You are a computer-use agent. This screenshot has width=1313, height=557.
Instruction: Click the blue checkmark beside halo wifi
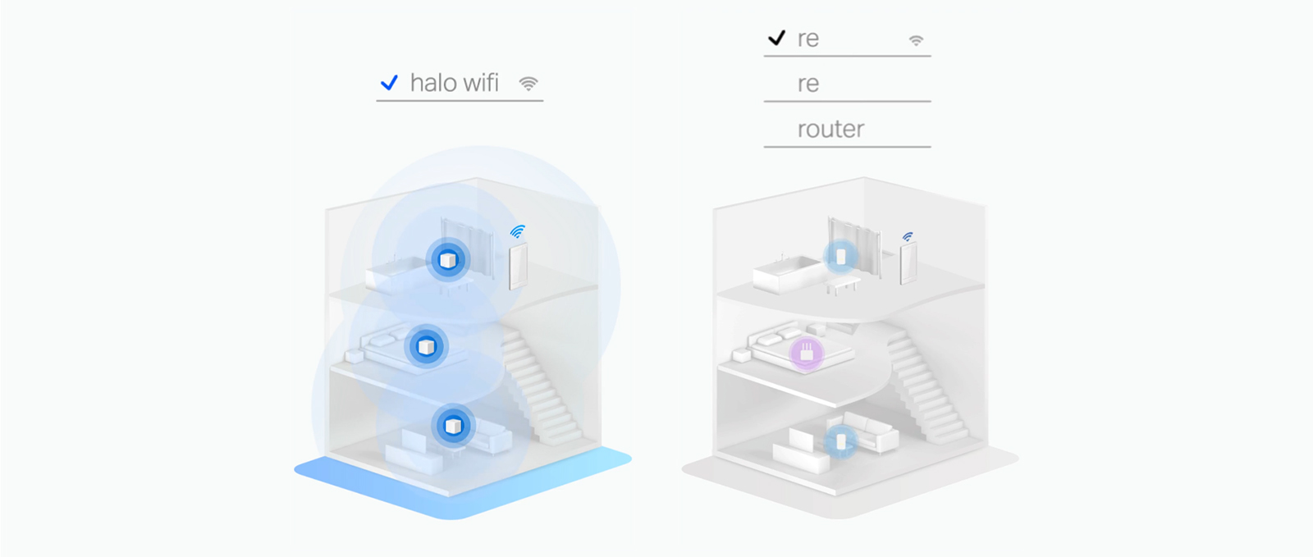389,83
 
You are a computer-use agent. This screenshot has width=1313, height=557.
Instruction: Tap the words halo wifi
455,83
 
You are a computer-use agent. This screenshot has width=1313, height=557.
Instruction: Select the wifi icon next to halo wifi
528,84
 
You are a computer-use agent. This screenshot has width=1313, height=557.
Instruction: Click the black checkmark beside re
776,38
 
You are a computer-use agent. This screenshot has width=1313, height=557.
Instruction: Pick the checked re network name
807,39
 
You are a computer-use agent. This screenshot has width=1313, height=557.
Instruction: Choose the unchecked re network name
807,84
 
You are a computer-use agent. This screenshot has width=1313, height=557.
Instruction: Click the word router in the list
830,129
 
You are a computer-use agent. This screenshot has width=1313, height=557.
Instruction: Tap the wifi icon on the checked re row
916,40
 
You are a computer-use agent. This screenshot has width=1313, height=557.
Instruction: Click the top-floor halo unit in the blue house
448,259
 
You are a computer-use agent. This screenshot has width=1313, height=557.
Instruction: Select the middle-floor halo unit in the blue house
426,347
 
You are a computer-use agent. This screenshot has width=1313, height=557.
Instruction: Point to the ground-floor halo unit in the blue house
453,425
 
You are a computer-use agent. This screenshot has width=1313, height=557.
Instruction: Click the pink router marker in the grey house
807,354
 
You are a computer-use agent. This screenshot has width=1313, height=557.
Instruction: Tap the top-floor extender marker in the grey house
840,257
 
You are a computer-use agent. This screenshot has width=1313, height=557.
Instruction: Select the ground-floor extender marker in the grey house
841,441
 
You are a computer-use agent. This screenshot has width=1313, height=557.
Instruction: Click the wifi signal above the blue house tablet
518,231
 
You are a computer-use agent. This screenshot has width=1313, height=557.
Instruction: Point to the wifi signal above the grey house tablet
908,236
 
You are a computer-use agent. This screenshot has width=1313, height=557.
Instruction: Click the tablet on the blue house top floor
518,266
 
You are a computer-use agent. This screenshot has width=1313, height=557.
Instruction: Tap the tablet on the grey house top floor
908,263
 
